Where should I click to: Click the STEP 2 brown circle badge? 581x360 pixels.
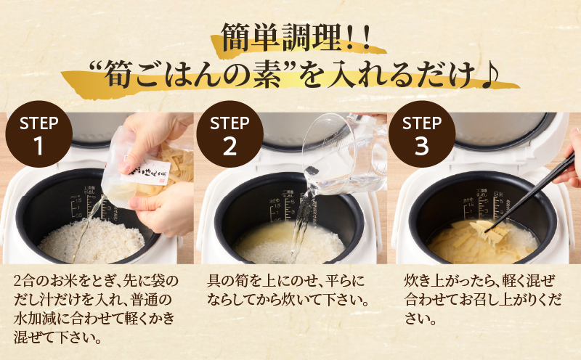click(230, 136)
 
